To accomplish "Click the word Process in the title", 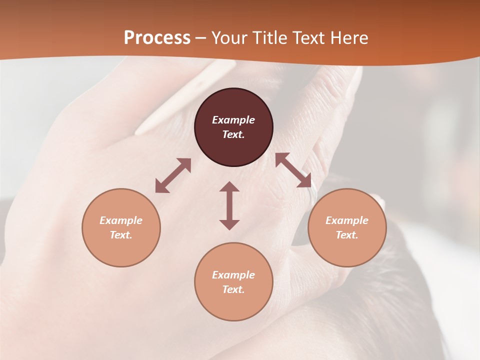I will tap(157, 38).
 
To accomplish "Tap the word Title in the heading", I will tap(271, 38).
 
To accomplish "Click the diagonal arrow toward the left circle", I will tap(173, 175).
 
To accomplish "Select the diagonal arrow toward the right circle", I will tap(293, 170).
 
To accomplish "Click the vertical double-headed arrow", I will tap(229, 205).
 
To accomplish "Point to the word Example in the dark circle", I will tap(233, 120).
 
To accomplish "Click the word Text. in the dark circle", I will tap(233, 134).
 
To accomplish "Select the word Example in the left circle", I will tap(121, 220).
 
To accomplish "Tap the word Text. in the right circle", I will tap(347, 235).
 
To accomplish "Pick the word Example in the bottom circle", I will tap(233, 275).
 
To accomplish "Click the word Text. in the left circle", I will tap(121, 235).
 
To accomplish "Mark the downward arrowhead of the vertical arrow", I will tap(229, 224).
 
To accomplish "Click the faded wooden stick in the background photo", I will tap(185, 98).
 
